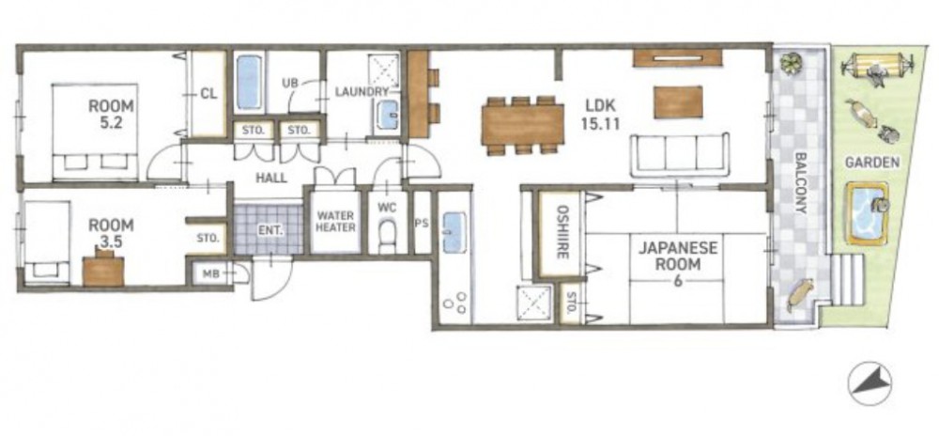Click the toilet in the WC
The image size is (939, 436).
tap(388, 235)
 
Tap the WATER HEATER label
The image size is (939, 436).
tap(335, 221)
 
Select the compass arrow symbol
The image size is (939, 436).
tap(870, 382)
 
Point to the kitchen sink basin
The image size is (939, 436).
tap(454, 232)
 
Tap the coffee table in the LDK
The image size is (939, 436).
tap(678, 101)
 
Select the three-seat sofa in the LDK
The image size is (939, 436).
tap(680, 154)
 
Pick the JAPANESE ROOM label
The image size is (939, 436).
tap(677, 263)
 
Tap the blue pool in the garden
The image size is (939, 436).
tap(866, 214)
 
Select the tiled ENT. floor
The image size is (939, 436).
tap(269, 229)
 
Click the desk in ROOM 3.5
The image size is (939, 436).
tap(103, 271)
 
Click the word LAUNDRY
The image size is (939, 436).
tap(362, 92)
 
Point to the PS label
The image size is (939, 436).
tap(422, 222)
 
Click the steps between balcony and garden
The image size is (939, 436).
tap(847, 279)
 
